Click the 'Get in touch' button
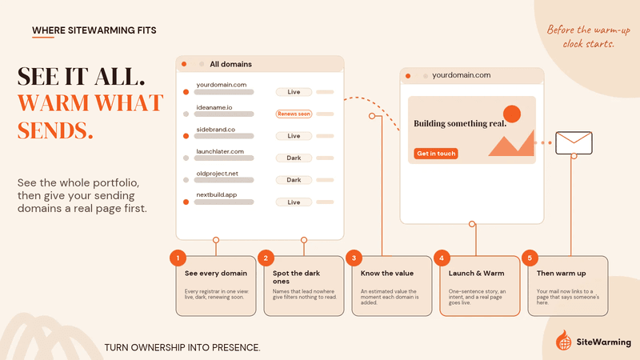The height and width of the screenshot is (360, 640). tap(436, 154)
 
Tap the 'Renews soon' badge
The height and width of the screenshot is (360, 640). tap(294, 114)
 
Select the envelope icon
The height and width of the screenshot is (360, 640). tap(574, 143)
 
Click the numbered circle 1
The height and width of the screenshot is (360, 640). tap(178, 258)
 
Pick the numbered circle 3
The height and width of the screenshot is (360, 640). tap(354, 258)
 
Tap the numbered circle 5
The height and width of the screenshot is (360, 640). tap(530, 258)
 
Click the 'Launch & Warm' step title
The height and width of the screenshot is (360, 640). tap(476, 273)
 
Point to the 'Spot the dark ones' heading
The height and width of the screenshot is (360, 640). tap(296, 277)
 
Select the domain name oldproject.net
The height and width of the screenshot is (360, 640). tap(217, 174)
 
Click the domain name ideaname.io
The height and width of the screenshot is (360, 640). tap(214, 107)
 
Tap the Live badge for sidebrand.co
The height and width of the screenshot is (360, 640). tap(294, 136)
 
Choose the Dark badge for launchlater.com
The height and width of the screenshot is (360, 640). tap(294, 158)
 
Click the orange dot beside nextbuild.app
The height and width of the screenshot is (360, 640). tap(186, 202)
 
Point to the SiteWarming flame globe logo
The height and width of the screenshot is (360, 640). tap(564, 340)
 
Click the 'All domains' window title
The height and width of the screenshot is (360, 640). tap(230, 64)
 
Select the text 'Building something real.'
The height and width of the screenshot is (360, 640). tap(460, 123)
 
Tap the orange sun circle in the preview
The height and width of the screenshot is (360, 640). tap(512, 114)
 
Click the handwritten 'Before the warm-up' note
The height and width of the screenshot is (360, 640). tap(589, 30)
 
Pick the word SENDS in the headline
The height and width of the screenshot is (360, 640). tap(55, 130)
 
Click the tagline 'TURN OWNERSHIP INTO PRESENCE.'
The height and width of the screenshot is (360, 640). tap(182, 348)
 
